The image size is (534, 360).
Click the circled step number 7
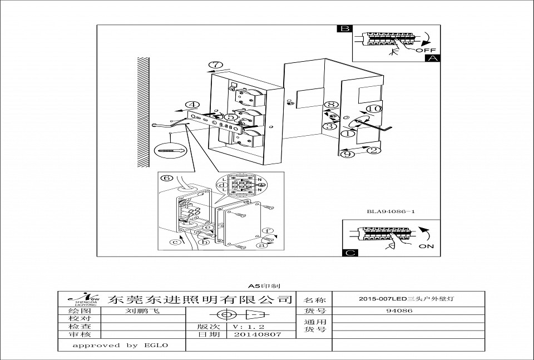coord(215,65)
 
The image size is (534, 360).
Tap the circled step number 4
coord(192,105)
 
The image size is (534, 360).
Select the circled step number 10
coord(374,109)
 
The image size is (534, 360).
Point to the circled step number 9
coord(348,154)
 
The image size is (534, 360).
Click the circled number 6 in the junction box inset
coord(165,179)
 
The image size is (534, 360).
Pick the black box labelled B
coord(345,29)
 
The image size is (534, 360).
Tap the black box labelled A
coord(432,57)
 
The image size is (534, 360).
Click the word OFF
coord(426,50)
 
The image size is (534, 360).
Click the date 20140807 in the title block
coord(257,334)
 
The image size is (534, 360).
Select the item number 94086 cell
coord(399,311)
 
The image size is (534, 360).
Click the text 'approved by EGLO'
coord(121,345)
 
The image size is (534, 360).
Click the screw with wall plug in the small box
coord(171,150)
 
